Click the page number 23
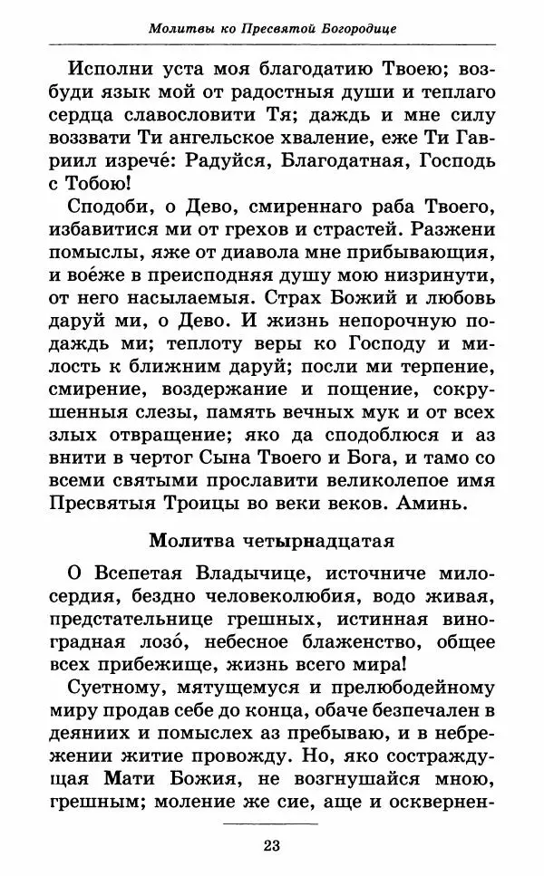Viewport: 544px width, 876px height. coord(271,846)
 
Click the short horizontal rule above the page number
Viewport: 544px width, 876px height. coord(271,822)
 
